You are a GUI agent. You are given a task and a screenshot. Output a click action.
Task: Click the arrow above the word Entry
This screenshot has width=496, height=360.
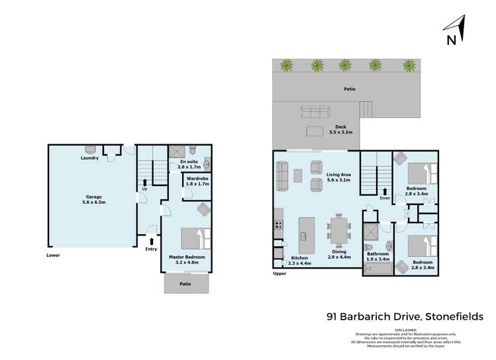(152, 241)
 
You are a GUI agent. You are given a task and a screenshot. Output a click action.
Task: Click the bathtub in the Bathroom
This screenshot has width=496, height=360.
(375, 267)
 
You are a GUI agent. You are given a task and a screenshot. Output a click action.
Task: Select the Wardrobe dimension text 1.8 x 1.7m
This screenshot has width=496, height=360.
(197, 184)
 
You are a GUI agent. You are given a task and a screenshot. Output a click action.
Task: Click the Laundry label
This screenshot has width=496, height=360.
(89, 158)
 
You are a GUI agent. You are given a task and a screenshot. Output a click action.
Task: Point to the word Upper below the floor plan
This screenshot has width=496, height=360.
(280, 273)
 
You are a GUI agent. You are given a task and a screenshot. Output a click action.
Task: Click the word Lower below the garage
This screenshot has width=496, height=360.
(54, 254)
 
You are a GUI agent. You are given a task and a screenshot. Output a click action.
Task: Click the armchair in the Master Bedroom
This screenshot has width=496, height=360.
(203, 210)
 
